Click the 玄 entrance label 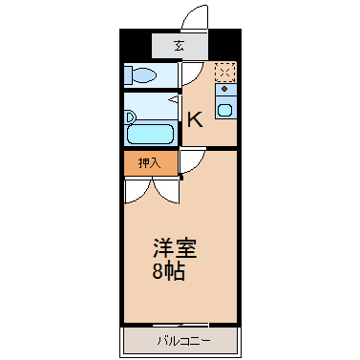click(x=179, y=47)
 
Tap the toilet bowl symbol click(x=144, y=75)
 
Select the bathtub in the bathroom click(x=150, y=135)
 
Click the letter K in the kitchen click(x=195, y=120)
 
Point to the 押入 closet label click(x=149, y=163)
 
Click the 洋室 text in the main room click(x=175, y=248)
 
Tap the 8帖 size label click(x=169, y=271)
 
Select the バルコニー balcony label click(x=183, y=342)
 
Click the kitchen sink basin click(x=224, y=111)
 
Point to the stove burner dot click(x=224, y=89)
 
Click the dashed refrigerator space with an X click(x=225, y=72)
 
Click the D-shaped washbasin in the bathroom click(x=131, y=117)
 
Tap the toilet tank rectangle click(x=128, y=75)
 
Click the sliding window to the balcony click(x=180, y=325)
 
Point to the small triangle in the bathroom click(x=174, y=100)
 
